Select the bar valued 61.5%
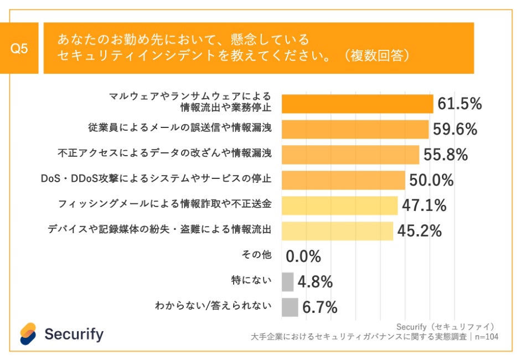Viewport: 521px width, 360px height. [x=357, y=104]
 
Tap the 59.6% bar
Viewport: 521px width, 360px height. [x=355, y=129]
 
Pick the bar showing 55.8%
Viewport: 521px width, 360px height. [x=350, y=155]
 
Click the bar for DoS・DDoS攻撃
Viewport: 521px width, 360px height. [x=343, y=180]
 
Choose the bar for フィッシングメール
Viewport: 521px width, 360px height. [x=339, y=205]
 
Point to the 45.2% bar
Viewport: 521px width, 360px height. [x=337, y=231]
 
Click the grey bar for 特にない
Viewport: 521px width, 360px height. [x=287, y=282]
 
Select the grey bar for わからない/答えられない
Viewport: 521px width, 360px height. [x=290, y=307]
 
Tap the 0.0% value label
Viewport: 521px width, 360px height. [x=303, y=256]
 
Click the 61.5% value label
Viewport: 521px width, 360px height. [x=460, y=104]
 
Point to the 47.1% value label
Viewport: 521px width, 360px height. [x=424, y=205]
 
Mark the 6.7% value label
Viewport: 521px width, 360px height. [x=320, y=307]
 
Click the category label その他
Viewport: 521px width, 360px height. [x=256, y=255]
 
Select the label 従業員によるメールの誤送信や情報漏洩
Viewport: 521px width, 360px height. [x=179, y=128]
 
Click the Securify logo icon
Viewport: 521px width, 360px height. [x=28, y=333]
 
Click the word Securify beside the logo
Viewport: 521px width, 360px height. [x=74, y=334]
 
